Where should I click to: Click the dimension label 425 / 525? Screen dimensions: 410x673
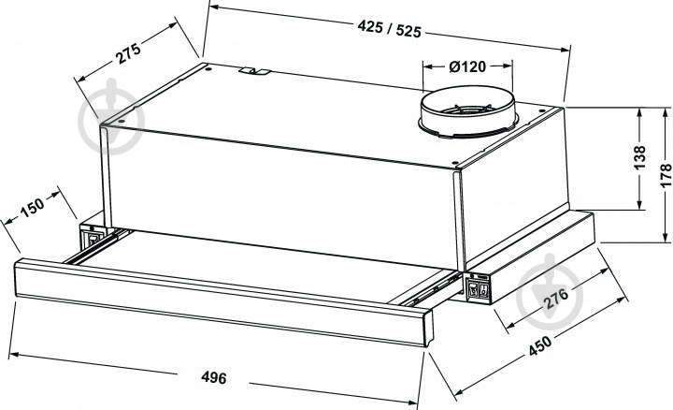pyautogui.click(x=389, y=29)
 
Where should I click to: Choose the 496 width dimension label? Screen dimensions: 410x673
pyautogui.click(x=214, y=378)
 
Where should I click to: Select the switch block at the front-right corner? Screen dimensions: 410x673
pyautogui.click(x=480, y=289)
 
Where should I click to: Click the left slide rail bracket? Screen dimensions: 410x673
pyautogui.click(x=94, y=240)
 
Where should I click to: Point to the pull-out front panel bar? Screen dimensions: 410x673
pyautogui.click(x=224, y=300)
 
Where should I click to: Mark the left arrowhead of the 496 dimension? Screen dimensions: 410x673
pyautogui.click(x=21, y=354)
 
